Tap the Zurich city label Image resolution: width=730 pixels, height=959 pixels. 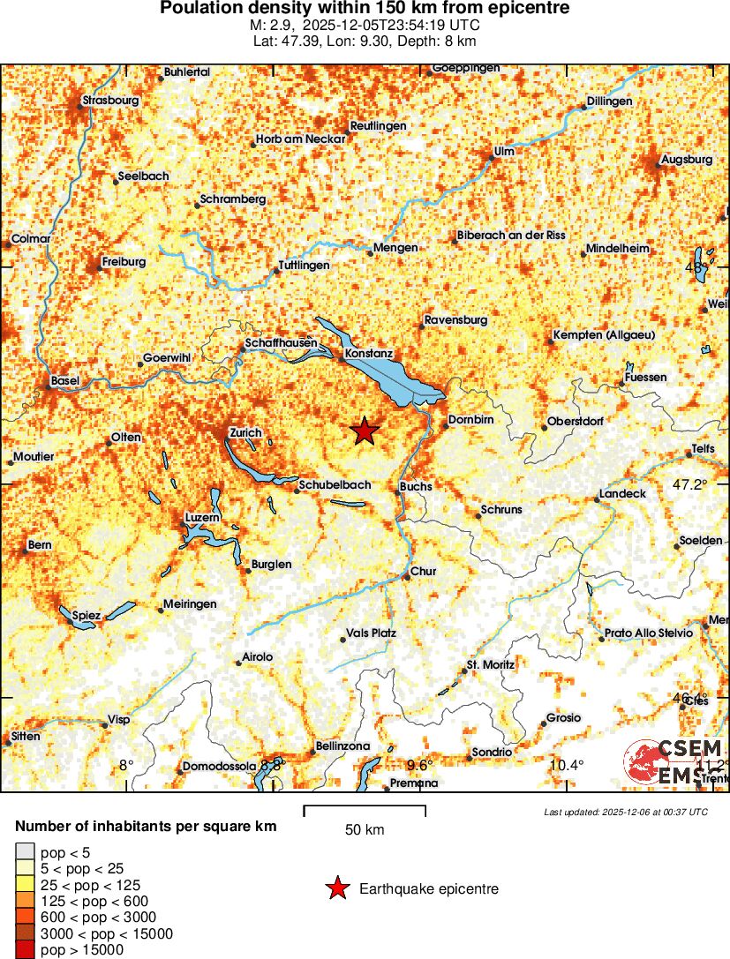click(245, 432)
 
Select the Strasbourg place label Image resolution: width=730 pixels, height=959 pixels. click(110, 101)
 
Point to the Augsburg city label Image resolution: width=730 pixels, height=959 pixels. click(687, 160)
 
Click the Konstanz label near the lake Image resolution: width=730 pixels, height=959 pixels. click(369, 353)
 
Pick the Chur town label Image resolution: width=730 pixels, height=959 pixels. click(424, 572)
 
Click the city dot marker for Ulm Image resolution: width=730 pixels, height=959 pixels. click(492, 160)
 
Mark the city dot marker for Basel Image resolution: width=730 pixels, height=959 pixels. click(48, 386)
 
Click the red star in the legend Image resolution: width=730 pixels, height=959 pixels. click(337, 888)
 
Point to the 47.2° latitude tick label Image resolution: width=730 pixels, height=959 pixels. click(690, 484)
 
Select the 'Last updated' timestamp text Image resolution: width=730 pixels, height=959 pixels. click(625, 812)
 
